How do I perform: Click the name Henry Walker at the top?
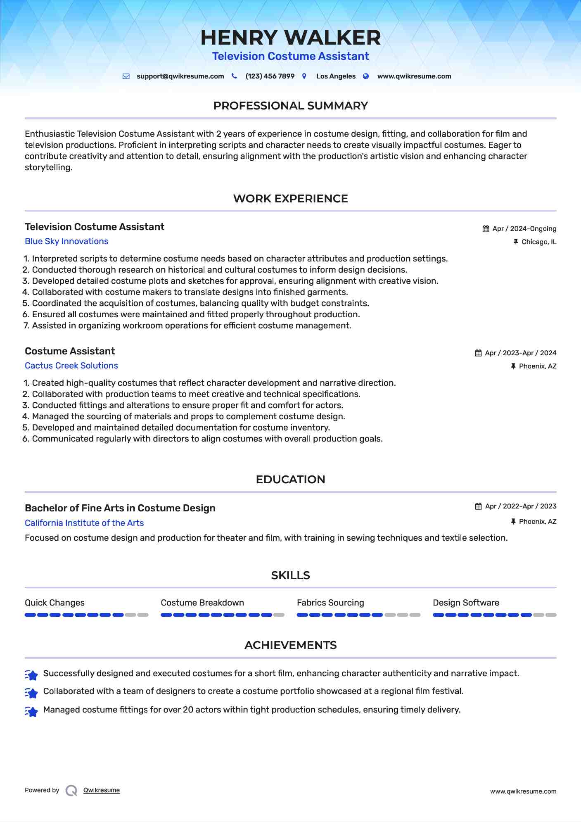[290, 38]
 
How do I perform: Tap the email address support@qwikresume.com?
[180, 76]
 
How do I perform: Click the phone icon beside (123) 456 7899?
[234, 76]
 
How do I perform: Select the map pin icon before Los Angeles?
[304, 76]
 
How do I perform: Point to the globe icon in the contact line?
[366, 76]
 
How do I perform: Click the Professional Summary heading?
[290, 106]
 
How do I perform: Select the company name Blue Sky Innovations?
[66, 241]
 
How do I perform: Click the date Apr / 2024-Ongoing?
[524, 229]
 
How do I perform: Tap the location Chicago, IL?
[538, 242]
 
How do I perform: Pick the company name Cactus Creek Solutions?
[71, 366]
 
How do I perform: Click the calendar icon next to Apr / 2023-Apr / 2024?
[478, 353]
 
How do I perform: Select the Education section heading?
[290, 480]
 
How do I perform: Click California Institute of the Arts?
[84, 523]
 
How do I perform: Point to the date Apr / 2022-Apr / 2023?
[520, 506]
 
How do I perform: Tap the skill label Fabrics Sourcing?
[330, 603]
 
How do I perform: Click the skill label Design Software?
[466, 603]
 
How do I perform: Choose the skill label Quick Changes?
[55, 603]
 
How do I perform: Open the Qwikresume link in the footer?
[102, 790]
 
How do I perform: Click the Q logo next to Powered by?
[71, 791]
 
